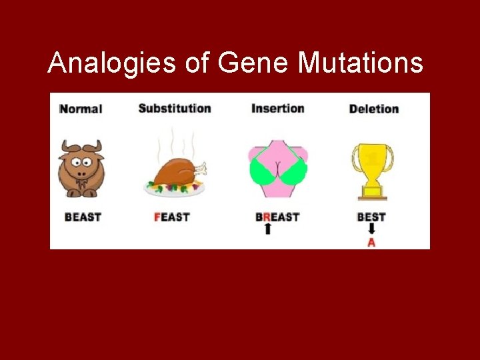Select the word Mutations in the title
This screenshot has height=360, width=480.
click(x=360, y=63)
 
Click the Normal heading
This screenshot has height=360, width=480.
click(x=81, y=109)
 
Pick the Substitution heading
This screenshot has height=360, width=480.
click(x=174, y=108)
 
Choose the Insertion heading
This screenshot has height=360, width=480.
click(x=277, y=108)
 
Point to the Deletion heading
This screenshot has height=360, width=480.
click(x=373, y=109)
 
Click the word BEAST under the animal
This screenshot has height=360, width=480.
click(x=83, y=217)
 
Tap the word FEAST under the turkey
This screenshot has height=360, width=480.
click(x=171, y=217)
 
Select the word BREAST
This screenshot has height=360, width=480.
click(x=277, y=217)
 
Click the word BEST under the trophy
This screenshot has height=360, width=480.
click(x=371, y=217)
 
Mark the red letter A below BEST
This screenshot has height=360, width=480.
click(x=371, y=243)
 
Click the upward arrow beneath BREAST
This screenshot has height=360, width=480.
click(x=268, y=229)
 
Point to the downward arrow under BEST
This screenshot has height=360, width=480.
click(x=371, y=229)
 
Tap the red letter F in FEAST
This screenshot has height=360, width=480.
click(x=157, y=217)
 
